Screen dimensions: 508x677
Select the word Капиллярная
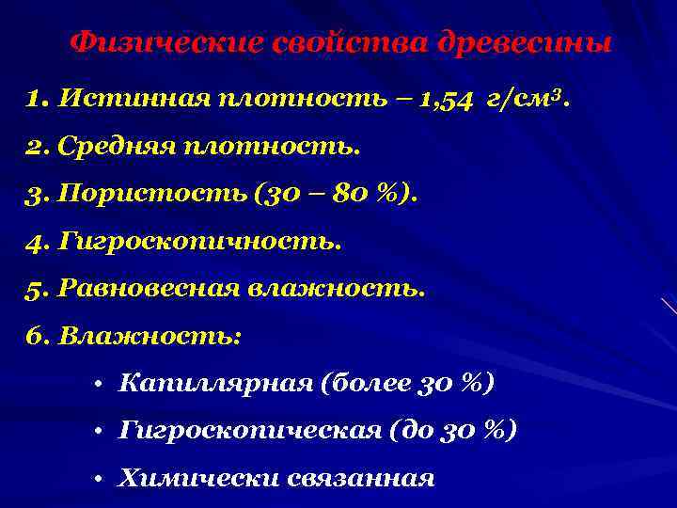pyautogui.click(x=215, y=383)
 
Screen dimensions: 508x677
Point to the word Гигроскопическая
pyautogui.click(x=246, y=430)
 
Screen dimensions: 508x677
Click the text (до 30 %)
pyautogui.click(x=450, y=430)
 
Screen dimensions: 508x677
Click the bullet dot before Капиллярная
pyautogui.click(x=97, y=384)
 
